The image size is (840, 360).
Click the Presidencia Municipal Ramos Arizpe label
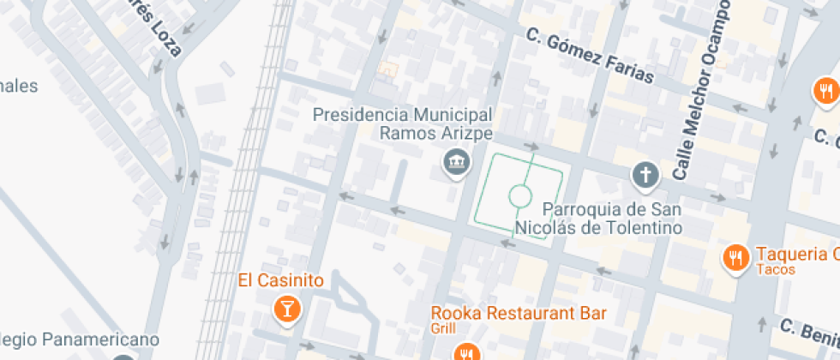402,123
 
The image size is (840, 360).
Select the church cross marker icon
645,177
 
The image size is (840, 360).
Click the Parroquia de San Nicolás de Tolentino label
599,219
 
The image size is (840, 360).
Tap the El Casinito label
280,280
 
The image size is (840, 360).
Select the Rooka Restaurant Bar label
519,313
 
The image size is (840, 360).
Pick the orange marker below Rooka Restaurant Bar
467,352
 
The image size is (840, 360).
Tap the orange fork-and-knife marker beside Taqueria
735,256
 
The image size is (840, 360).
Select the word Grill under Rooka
443,328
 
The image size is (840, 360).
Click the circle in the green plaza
519,196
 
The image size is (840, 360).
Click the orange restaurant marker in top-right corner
825,90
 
